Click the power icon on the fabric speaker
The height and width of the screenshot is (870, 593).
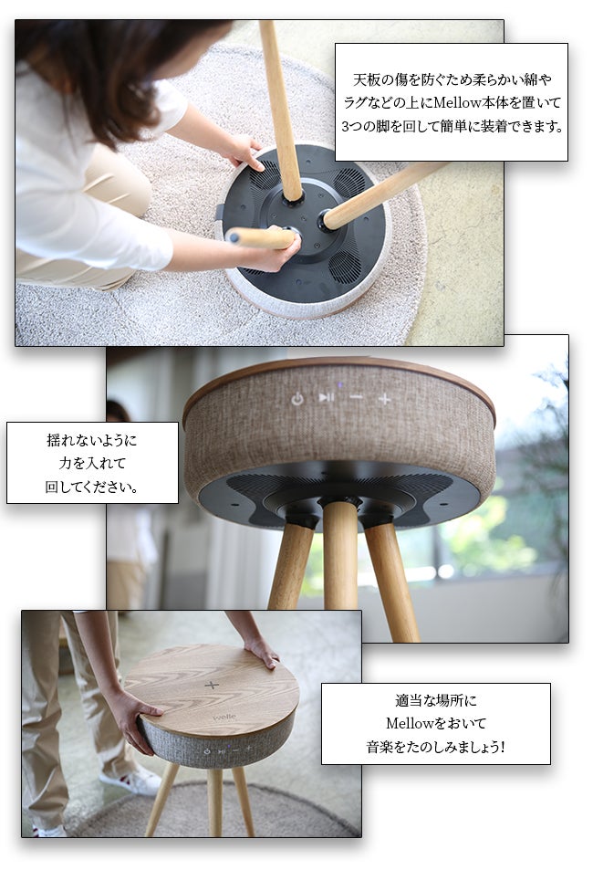(x=297, y=399)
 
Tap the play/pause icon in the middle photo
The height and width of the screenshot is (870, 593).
(x=326, y=397)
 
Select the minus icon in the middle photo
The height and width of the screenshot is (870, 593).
(x=356, y=398)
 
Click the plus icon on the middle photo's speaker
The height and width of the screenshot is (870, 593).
(x=385, y=398)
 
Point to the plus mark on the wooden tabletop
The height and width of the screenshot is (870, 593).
(x=213, y=685)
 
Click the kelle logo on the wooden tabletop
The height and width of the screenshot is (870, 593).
(x=224, y=717)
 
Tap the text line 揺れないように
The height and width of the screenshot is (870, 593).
(x=92, y=440)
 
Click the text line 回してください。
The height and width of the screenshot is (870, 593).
(x=92, y=486)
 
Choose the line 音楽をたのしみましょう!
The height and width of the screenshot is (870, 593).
(x=435, y=746)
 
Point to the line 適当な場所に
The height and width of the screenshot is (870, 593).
(x=435, y=700)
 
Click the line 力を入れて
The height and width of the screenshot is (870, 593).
(x=92, y=463)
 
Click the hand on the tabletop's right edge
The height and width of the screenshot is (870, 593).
(x=263, y=651)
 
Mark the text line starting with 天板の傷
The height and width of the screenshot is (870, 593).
(x=451, y=79)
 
